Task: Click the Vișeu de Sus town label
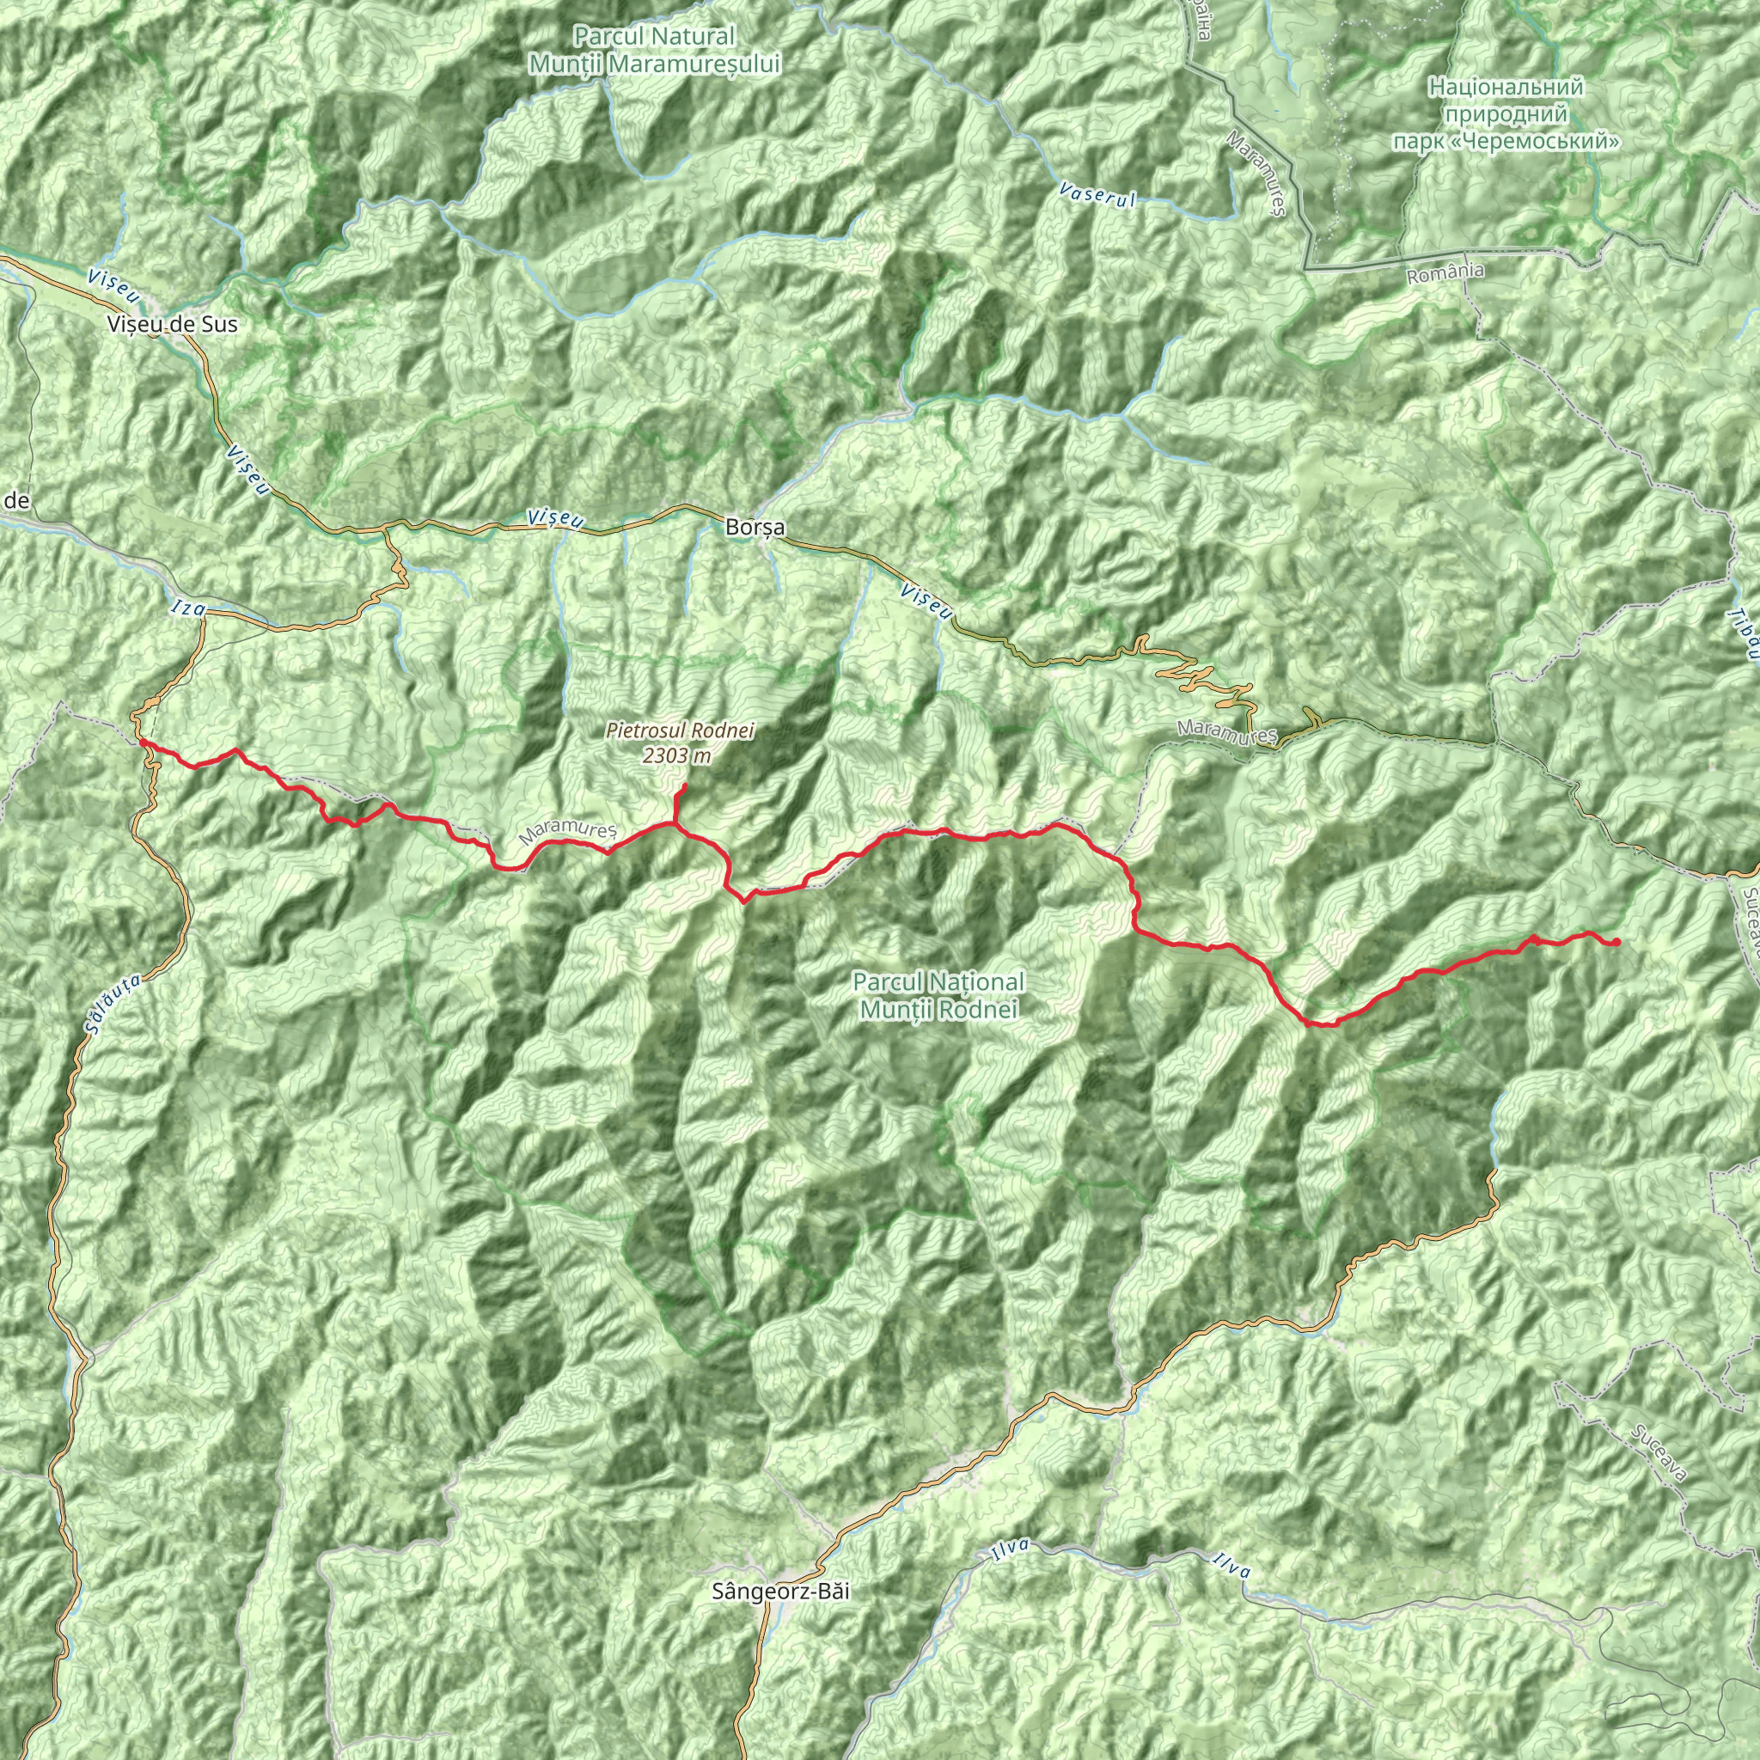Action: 172,323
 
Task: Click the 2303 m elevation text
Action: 677,755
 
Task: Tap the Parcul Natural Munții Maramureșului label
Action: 655,50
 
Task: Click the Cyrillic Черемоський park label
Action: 1506,115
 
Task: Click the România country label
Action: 1445,272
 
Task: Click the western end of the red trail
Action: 142,742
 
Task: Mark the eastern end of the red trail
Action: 1616,942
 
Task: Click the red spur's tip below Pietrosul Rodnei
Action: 685,785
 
